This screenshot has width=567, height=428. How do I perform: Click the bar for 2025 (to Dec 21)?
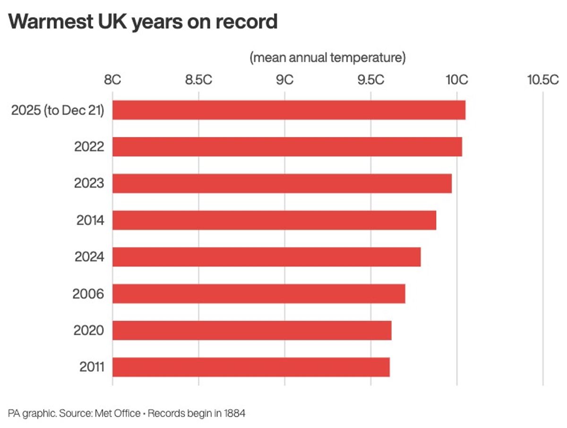coord(289,110)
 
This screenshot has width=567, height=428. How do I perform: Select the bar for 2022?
coord(287,147)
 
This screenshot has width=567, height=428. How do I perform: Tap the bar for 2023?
coord(282,183)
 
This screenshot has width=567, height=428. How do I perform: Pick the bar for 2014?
coord(274,220)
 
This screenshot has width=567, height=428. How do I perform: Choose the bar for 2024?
coord(266,257)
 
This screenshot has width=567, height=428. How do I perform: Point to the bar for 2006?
coord(258,294)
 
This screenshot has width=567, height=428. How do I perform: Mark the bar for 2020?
coord(252,330)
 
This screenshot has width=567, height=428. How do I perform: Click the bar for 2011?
coord(251,367)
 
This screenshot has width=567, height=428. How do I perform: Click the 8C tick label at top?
coord(112,80)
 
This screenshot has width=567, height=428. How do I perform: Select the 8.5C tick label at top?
coord(198,80)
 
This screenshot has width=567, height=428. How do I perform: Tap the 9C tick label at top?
coord(285,80)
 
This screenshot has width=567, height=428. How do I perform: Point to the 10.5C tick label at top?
coord(543,80)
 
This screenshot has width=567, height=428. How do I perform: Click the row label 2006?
coord(88,294)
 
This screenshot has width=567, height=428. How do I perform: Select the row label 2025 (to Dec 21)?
coord(58,111)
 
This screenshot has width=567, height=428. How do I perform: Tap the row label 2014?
coord(90,220)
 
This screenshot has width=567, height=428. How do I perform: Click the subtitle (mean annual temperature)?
coord(328,58)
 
